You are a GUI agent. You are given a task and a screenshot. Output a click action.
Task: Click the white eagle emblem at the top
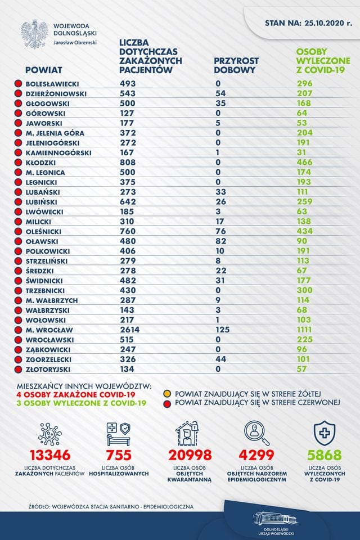tap(34, 34)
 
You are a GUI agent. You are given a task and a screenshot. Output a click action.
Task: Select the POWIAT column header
tap(44, 70)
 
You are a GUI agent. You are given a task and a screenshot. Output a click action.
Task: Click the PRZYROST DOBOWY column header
tap(236, 65)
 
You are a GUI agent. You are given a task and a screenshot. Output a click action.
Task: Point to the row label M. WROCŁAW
tap(49, 330)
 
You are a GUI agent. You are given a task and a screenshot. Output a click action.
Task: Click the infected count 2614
tap(130, 330)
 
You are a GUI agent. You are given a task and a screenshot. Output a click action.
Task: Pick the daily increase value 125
tap(223, 330)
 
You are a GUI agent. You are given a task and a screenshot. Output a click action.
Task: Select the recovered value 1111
tap(304, 330)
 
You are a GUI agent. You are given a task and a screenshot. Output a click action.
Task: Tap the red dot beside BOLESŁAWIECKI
tap(18, 84)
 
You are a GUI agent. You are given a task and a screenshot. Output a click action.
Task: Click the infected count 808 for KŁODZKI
tap(128, 162)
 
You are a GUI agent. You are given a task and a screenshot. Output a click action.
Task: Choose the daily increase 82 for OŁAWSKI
tap(221, 241)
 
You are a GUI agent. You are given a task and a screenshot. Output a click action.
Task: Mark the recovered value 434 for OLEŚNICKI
tap(305, 231)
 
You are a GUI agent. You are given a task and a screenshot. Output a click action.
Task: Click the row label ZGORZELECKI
tap(48, 359)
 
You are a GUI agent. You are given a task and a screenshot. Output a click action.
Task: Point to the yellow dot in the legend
tap(168, 394)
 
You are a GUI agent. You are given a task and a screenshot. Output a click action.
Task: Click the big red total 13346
tap(50, 455)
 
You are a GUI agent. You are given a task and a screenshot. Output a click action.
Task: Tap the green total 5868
tap(324, 455)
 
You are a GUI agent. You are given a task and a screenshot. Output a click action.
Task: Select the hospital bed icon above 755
tap(119, 434)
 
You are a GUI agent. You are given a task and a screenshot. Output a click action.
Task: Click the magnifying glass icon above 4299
tap(256, 434)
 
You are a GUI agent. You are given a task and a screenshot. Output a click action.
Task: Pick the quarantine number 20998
tap(190, 455)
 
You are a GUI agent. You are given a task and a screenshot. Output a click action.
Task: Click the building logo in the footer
tap(276, 519)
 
